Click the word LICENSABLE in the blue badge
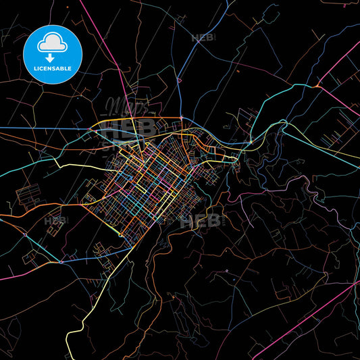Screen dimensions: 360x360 tap(52, 68)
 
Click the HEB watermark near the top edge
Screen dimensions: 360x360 tap(203, 38)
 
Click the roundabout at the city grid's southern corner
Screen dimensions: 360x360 tap(121, 234)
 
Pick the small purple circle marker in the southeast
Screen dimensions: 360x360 tap(227, 271)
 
